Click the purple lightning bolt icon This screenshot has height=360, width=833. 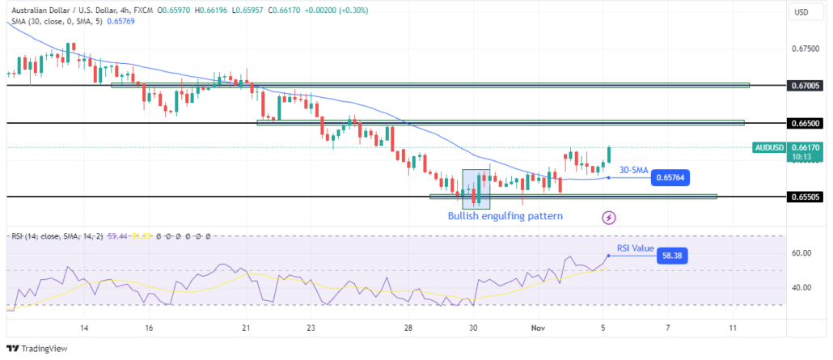point(608,217)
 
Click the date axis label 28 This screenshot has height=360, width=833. point(408,328)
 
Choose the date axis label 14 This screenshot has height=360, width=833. point(84,328)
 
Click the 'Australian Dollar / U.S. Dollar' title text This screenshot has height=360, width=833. point(65,10)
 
